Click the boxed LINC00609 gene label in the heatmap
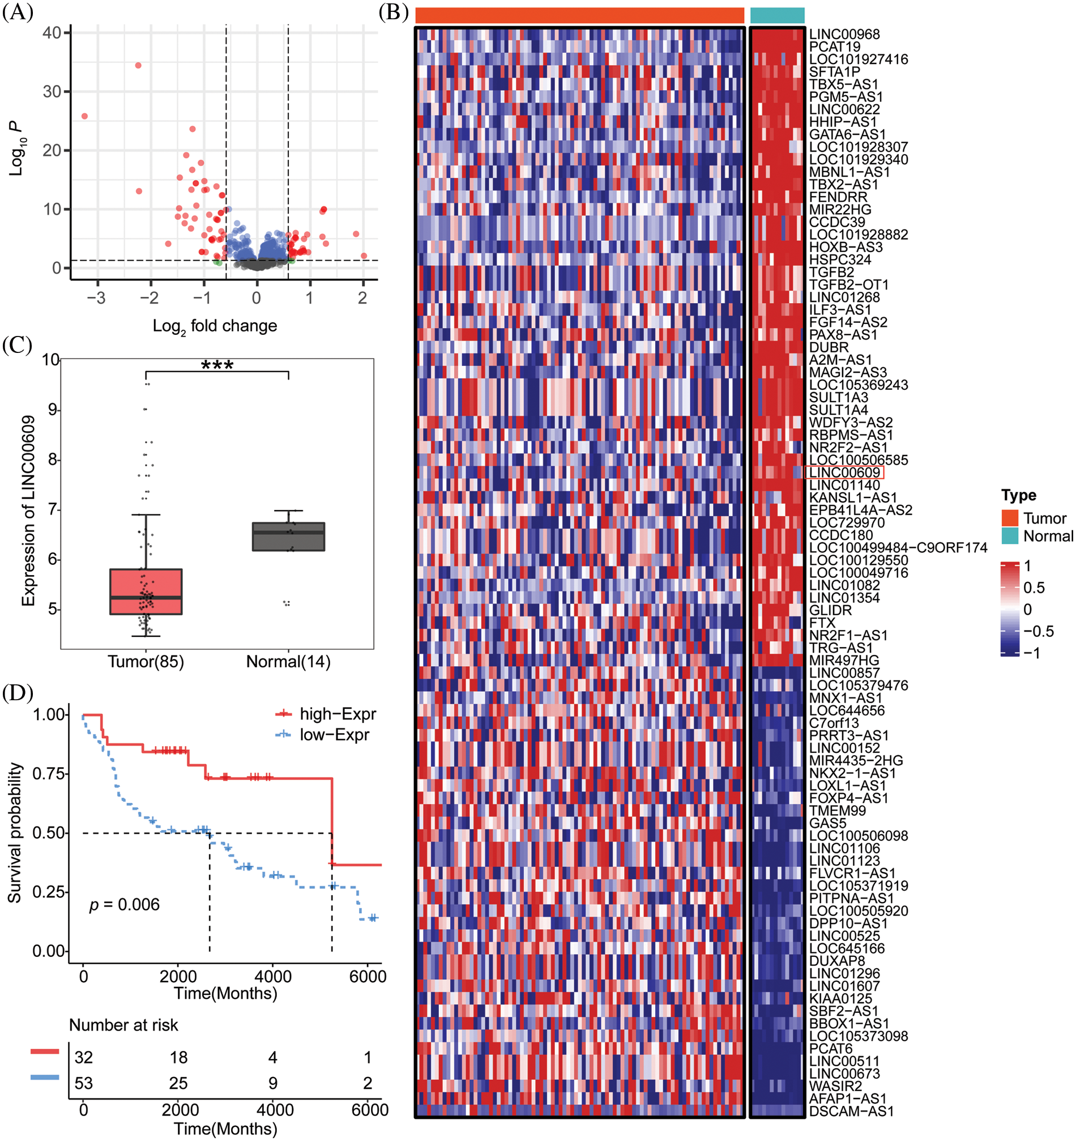point(844,472)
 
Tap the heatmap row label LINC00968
point(844,35)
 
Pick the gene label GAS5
point(827,823)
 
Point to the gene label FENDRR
point(838,197)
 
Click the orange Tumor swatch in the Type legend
point(1009,518)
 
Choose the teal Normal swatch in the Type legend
point(1009,536)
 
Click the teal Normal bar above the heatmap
point(777,15)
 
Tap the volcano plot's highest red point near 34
point(138,65)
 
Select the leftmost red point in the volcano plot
point(84,117)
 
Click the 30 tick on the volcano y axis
point(52,92)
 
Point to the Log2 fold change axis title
point(215,326)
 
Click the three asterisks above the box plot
point(217,365)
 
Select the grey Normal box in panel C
point(289,537)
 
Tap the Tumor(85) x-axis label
point(146,662)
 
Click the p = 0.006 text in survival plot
point(125,905)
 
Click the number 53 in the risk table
point(84,1083)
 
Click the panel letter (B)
point(394,11)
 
